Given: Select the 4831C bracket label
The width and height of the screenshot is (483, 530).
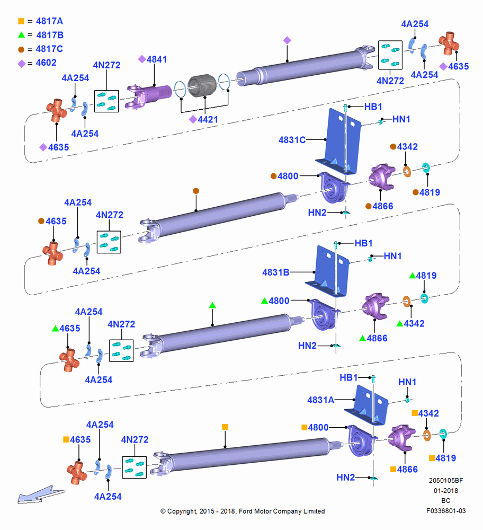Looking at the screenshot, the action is point(292,139).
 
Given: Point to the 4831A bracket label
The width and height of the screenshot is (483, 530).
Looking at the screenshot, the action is point(320,400).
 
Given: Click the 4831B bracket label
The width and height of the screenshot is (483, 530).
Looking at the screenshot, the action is point(275,272).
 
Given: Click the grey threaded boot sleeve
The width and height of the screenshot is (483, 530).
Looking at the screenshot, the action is point(202,86).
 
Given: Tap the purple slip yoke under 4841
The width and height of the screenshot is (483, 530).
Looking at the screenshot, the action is point(149,96).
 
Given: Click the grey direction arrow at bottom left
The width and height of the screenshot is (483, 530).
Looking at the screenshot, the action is point(41,495).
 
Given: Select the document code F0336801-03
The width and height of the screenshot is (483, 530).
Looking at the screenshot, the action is point(446,511).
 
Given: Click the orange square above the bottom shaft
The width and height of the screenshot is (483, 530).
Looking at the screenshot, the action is point(225,427).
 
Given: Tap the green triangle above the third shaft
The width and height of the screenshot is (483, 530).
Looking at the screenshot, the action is point(212,306).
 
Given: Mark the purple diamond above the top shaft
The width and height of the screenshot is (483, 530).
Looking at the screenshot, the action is point(287,41).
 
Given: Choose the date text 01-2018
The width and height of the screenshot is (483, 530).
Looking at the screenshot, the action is point(446,490).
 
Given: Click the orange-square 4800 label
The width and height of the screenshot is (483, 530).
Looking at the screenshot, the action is point(315,428).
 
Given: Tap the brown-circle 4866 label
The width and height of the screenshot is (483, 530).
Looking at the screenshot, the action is point(379,206).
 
